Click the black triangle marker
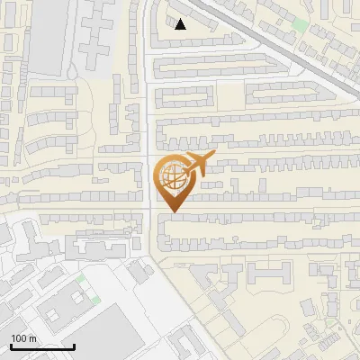pos(180,24)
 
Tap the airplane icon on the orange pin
pos(197,165)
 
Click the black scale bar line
pos(42,346)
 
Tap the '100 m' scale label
pos(23,338)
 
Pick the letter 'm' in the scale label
pos(32,338)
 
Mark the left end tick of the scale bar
pos(11,345)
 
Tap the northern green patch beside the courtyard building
pos(80,280)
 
